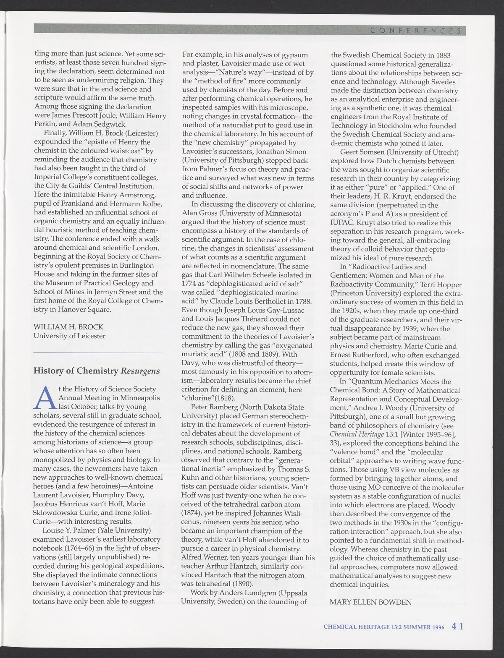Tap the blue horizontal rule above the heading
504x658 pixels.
tap(100, 353)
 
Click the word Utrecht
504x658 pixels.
tap(443, 152)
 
